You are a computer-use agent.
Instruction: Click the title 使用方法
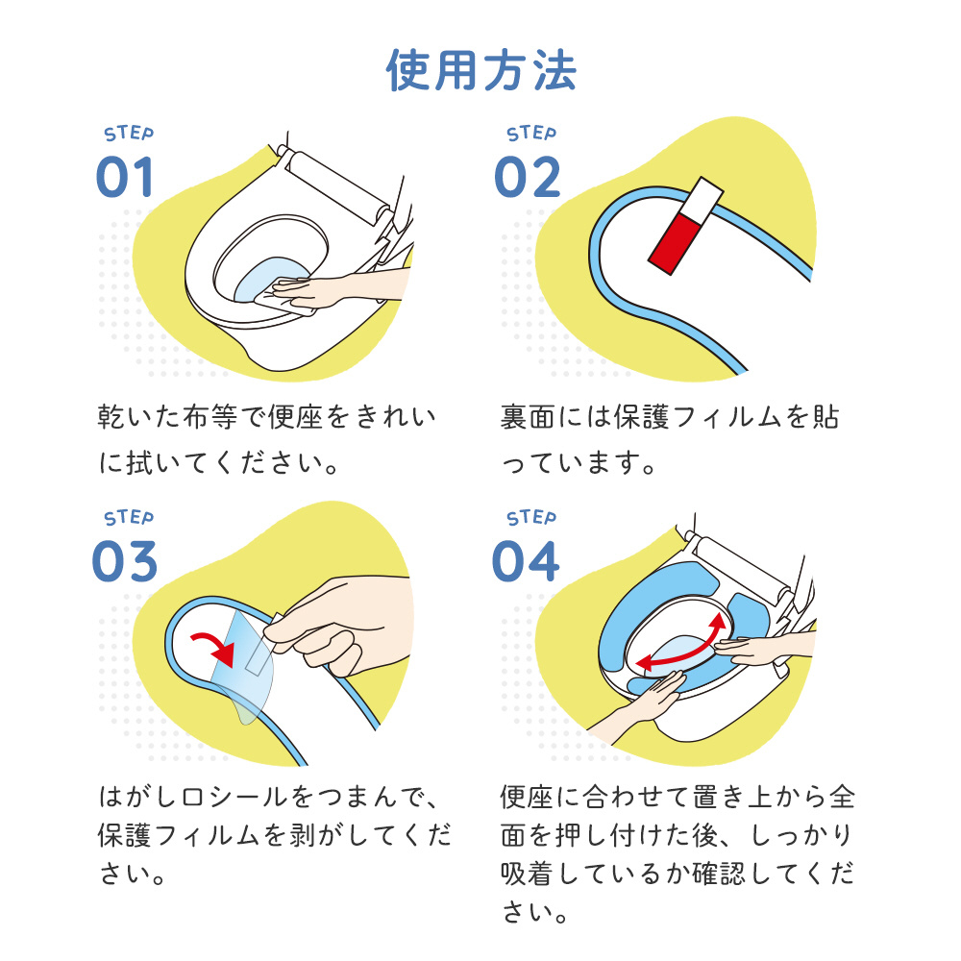[x=481, y=70]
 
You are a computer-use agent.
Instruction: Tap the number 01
[x=124, y=177]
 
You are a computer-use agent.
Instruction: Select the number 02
[x=527, y=177]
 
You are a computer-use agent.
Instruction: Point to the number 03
[x=124, y=561]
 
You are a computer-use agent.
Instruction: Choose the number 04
[x=526, y=561]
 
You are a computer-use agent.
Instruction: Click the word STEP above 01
[x=129, y=133]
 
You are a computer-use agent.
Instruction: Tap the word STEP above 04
[x=531, y=518]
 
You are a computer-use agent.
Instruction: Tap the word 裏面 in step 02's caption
[x=527, y=417]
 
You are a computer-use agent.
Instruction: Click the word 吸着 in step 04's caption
[x=527, y=874]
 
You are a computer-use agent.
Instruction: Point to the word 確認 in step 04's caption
[x=719, y=874]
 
